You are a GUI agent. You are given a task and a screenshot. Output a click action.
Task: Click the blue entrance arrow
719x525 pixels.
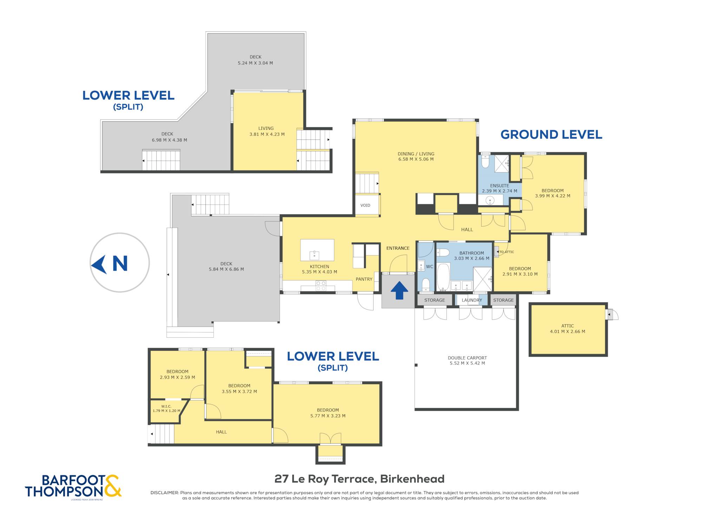pos(399,291)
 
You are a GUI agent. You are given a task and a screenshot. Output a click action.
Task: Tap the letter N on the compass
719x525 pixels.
pos(120,264)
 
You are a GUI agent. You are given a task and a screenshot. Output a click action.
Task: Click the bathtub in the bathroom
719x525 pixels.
pos(443,277)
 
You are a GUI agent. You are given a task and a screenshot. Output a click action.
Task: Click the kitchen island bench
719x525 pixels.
pos(317,250)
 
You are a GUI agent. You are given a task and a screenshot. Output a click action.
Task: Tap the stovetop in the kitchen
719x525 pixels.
pos(321,286)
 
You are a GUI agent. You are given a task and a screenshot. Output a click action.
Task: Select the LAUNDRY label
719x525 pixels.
pos(471,300)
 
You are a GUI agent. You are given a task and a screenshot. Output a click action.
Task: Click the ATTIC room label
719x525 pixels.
pos(567,326)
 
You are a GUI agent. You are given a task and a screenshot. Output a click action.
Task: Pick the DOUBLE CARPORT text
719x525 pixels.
pos(467,358)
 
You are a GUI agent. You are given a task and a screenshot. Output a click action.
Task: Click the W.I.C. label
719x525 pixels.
pos(166,406)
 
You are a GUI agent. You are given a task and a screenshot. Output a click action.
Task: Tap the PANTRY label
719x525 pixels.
pos(364,279)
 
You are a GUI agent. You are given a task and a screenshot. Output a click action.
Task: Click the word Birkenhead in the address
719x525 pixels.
pos(412,479)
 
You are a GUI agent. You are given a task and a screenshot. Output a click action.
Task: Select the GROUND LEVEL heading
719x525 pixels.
pos(551,134)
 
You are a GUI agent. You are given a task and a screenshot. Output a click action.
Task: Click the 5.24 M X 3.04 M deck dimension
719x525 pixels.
pos(255,63)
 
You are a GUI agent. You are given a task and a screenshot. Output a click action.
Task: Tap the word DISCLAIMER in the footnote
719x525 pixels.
pos(165,493)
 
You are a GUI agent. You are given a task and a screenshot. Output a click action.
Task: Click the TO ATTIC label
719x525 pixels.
pos(506,252)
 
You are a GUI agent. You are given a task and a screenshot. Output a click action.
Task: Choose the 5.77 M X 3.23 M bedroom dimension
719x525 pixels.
pos(328,416)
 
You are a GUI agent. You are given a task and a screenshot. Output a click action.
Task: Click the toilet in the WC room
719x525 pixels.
pos(426,285)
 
